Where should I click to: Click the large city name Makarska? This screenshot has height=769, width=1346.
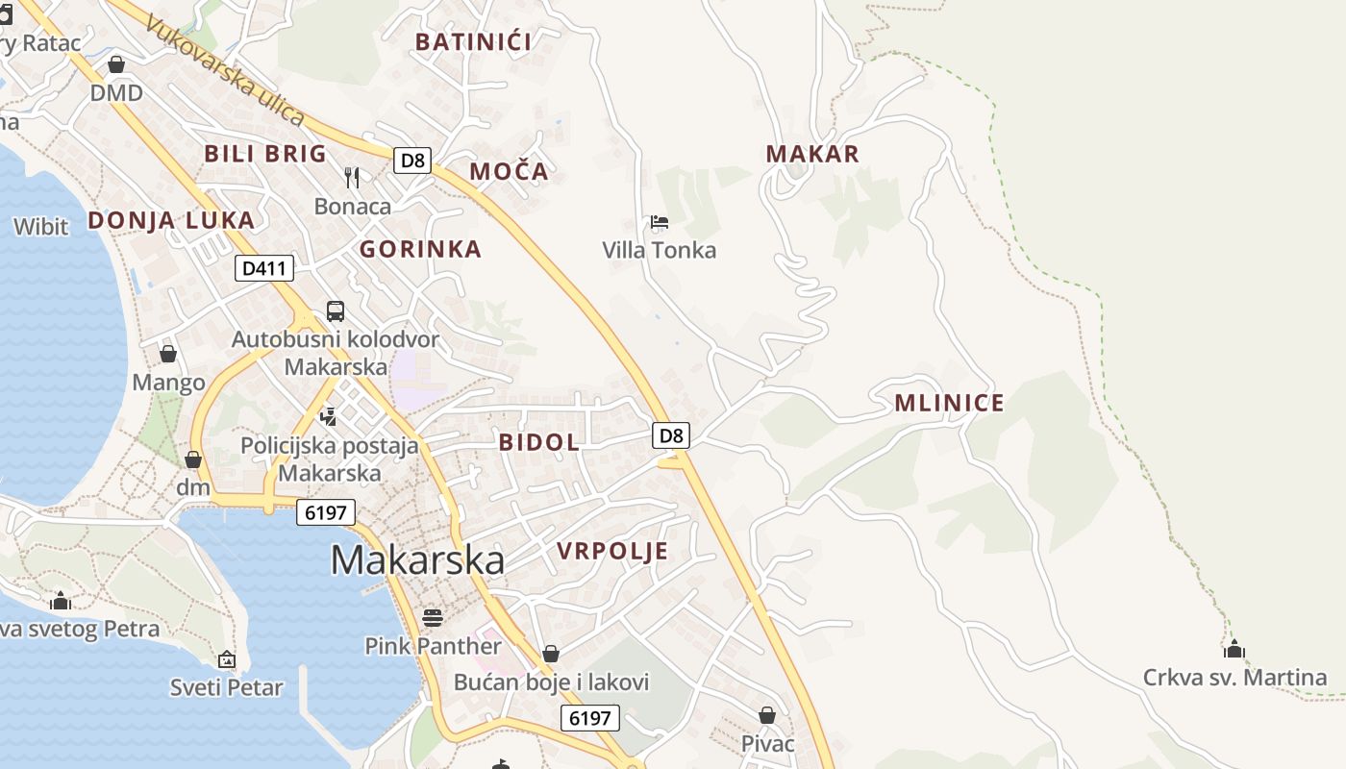(417, 559)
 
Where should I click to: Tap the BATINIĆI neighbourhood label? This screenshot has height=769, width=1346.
(473, 41)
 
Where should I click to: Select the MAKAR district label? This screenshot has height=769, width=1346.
(812, 154)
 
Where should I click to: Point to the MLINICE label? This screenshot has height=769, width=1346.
(949, 403)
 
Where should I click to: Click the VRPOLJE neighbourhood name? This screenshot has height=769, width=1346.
(612, 551)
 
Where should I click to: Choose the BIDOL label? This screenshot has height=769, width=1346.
(539, 442)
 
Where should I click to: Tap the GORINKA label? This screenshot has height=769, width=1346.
(420, 249)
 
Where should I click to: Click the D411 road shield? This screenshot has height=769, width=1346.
(263, 268)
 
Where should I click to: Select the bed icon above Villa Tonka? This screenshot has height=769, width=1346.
(660, 223)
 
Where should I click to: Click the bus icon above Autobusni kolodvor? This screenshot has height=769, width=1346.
(336, 310)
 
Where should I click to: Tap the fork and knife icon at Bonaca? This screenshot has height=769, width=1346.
(352, 177)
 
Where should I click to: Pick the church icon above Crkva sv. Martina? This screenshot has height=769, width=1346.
(1234, 649)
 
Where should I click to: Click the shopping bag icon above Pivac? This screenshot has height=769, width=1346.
(767, 715)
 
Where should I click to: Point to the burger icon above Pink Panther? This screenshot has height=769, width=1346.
(433, 617)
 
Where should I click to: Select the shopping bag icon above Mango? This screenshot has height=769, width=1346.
(168, 354)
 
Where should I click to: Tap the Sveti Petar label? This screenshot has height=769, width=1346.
(227, 687)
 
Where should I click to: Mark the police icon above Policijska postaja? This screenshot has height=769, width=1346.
(329, 416)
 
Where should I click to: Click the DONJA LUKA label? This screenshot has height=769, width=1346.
(171, 220)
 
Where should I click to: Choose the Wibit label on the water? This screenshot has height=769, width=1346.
(40, 227)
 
